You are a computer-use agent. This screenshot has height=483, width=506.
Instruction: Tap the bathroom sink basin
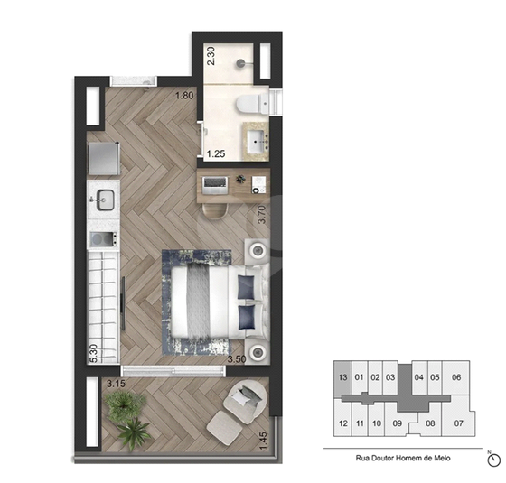click(258, 142)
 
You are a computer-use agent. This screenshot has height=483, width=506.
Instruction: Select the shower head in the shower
click(240, 63)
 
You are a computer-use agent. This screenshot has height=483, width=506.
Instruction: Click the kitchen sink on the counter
click(104, 200)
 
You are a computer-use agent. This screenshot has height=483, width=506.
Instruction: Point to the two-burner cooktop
click(104, 239)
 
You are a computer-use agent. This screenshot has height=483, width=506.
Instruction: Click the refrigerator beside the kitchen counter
click(104, 159)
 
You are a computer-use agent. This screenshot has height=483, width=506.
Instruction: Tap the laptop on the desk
click(215, 185)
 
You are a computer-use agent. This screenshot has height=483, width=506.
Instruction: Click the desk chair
click(215, 211)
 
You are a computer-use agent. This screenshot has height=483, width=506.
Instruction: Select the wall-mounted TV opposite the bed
click(123, 303)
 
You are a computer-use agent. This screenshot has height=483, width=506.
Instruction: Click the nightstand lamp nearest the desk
click(258, 250)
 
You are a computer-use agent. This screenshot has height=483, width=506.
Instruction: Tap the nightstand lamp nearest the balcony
click(258, 352)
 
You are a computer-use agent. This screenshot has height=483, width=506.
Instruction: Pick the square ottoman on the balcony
click(224, 427)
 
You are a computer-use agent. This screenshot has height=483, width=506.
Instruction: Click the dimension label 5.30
click(93, 353)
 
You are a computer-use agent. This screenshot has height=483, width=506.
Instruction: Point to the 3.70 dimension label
click(262, 215)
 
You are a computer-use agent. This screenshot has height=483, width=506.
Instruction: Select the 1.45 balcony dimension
click(263, 441)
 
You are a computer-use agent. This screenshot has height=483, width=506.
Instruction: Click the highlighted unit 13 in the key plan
click(342, 377)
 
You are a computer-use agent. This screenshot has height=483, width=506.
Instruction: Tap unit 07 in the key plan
click(459, 423)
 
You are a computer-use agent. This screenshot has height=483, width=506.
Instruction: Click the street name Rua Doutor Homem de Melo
click(403, 458)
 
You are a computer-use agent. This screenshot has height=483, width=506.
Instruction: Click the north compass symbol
click(493, 460)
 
